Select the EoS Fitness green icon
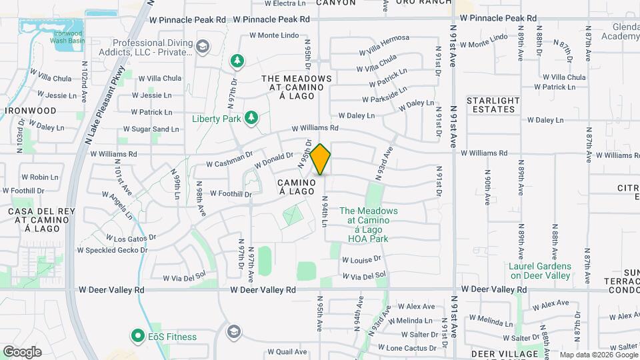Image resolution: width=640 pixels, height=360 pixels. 138,336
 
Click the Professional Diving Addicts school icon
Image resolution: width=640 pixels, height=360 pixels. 203,46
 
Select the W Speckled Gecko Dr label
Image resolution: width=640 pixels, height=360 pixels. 112,251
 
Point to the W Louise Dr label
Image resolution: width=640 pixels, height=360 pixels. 361,259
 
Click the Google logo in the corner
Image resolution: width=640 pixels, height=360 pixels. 22,351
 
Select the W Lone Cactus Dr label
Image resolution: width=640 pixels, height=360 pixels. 407,348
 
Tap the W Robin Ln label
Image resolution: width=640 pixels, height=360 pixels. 40,177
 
